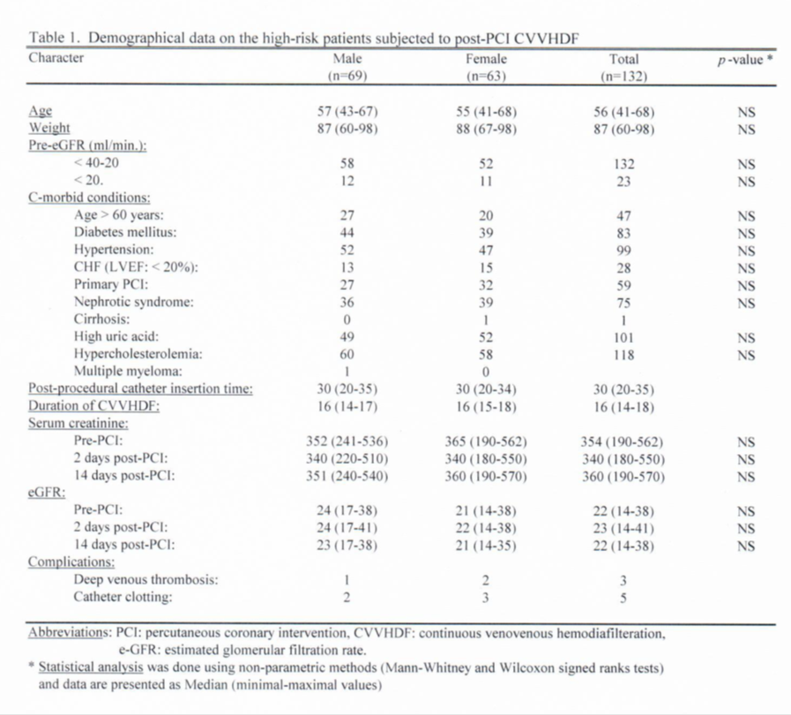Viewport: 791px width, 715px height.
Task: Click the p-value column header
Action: pyautogui.click(x=740, y=60)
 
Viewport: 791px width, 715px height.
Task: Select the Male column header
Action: pyautogui.click(x=347, y=60)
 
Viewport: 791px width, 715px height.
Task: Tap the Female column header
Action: pyautogui.click(x=486, y=60)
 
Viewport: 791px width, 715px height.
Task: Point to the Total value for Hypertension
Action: pyautogui.click(x=623, y=250)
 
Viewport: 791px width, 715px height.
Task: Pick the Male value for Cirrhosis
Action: pyautogui.click(x=347, y=319)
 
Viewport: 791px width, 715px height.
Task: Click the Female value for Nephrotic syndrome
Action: pyautogui.click(x=486, y=302)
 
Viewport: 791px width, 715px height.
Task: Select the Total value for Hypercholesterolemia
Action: pyautogui.click(x=623, y=354)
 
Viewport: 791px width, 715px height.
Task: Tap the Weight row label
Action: pyautogui.click(x=49, y=129)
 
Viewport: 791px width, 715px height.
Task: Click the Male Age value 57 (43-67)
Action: pyautogui.click(x=347, y=112)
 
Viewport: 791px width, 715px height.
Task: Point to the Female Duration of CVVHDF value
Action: pyautogui.click(x=486, y=406)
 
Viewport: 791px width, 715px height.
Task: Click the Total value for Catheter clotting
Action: pyautogui.click(x=623, y=597)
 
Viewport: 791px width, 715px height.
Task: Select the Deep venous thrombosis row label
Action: pyautogui.click(x=146, y=579)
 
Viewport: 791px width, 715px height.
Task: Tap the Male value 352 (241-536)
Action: pyautogui.click(x=347, y=442)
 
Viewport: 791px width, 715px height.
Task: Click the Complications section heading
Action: pyautogui.click(x=71, y=562)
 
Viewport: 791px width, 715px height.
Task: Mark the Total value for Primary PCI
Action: pyautogui.click(x=623, y=285)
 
